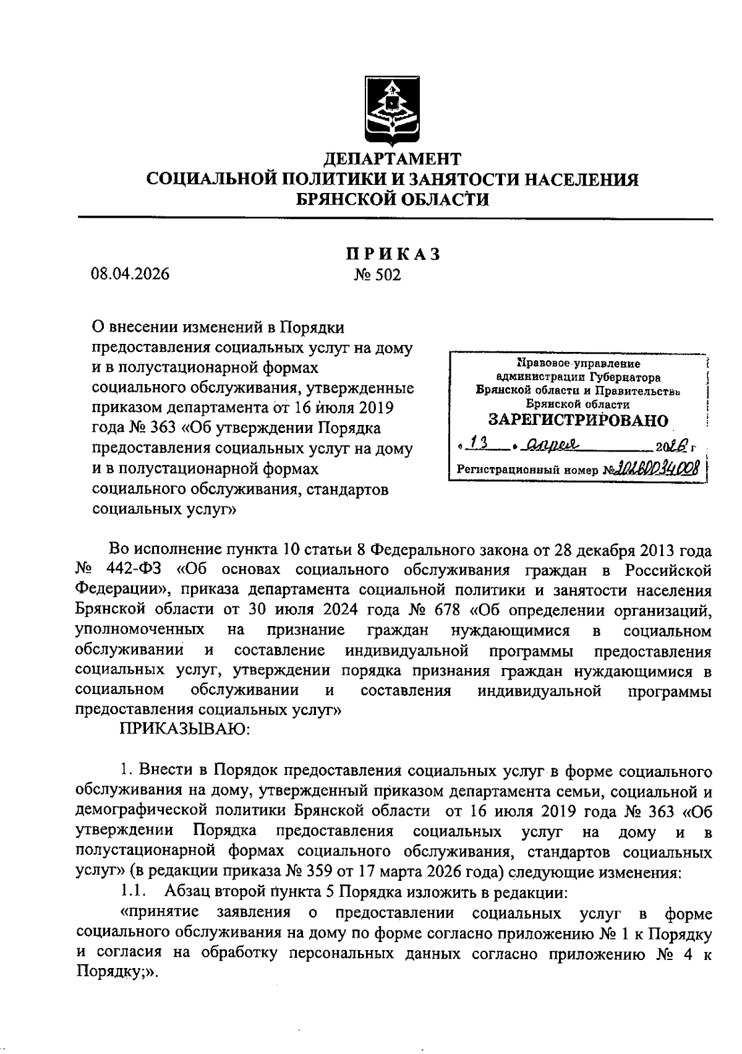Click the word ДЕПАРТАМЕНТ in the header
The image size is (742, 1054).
(393, 158)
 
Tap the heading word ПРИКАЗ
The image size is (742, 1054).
(393, 254)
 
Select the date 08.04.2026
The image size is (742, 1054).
(130, 274)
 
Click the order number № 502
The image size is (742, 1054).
(377, 275)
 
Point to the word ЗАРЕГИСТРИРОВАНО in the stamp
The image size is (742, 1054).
(578, 421)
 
